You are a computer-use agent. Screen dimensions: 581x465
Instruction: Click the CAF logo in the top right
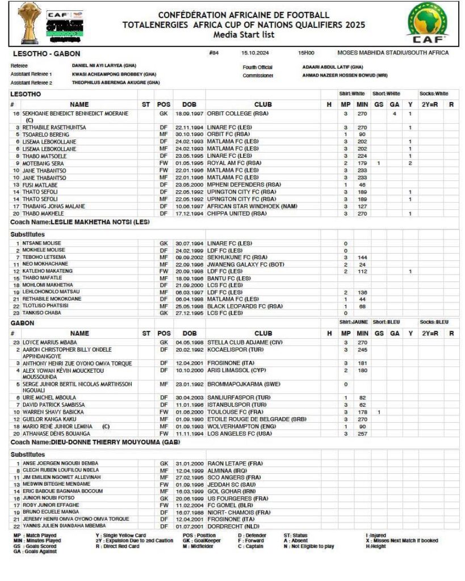coord(426,23)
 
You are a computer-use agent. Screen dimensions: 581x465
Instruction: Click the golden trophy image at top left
coord(26,23)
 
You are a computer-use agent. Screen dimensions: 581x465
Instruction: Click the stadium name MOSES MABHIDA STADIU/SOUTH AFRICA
coord(393,53)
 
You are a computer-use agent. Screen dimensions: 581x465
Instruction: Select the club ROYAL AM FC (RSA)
coord(234,163)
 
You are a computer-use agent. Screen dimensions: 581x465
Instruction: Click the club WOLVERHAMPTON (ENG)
coord(238,426)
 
